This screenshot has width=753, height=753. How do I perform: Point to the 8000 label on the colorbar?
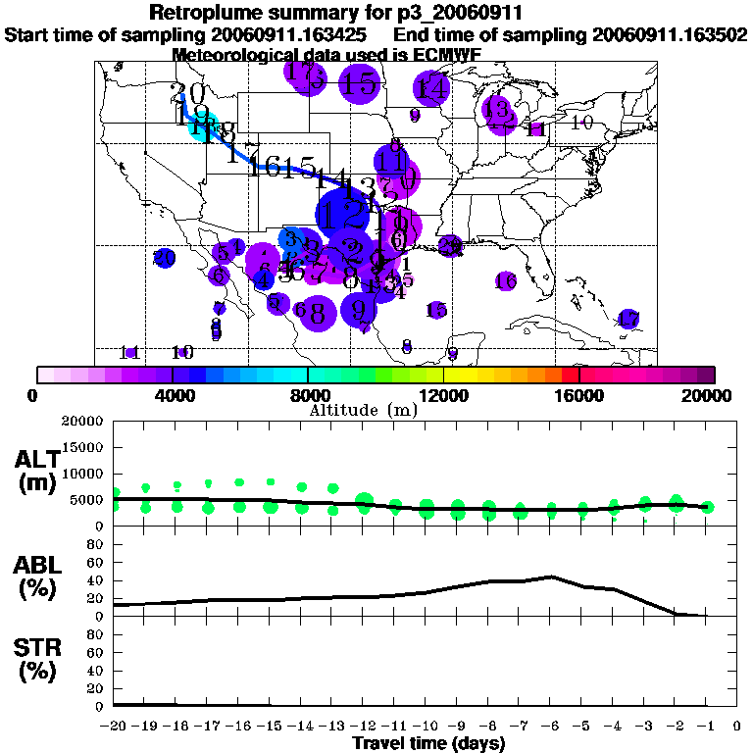tap(309, 396)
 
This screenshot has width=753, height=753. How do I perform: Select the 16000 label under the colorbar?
tap(579, 396)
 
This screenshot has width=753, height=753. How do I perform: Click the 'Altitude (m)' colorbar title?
tap(363, 410)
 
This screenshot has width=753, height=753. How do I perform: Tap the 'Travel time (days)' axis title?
tap(428, 743)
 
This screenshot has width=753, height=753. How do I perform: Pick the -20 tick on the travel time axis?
tap(114, 727)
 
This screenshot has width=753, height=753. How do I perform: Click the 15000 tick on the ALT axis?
tap(83, 447)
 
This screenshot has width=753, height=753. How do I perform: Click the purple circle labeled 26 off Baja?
tap(165, 258)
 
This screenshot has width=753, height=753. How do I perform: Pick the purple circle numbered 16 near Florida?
tap(506, 281)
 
